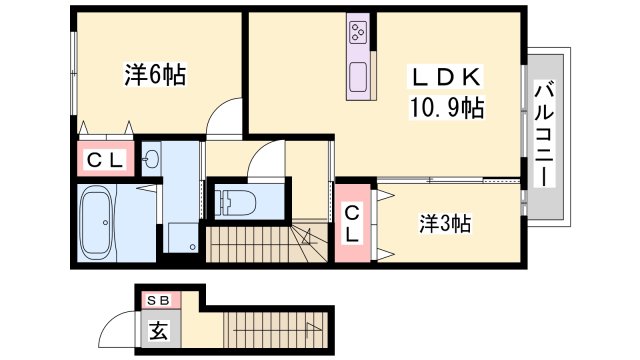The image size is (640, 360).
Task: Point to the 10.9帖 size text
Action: click(x=445, y=107)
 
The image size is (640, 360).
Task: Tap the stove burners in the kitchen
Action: click(x=359, y=34)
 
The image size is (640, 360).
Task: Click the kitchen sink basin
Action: click(x=359, y=76)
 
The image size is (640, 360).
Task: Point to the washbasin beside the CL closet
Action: click(x=152, y=158)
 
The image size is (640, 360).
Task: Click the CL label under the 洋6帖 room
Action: click(x=104, y=160)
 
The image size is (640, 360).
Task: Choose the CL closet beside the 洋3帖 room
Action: click(x=354, y=222)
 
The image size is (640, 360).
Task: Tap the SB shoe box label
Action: click(x=158, y=300)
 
